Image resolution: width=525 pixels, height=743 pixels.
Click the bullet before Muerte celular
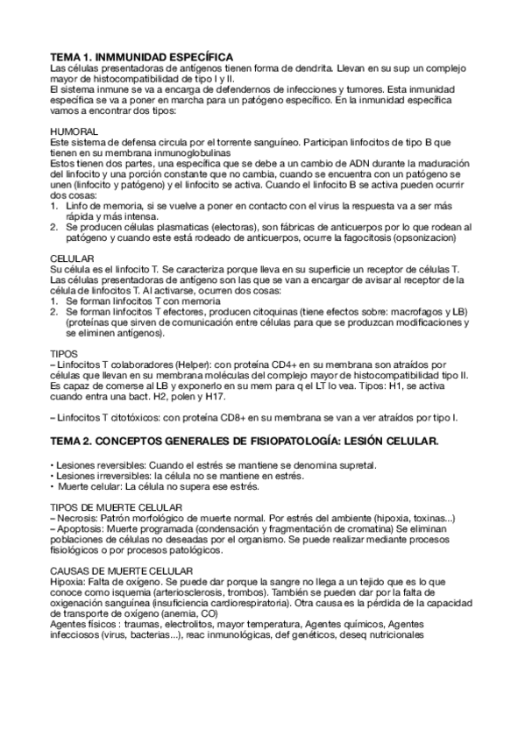coord(54,486)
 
